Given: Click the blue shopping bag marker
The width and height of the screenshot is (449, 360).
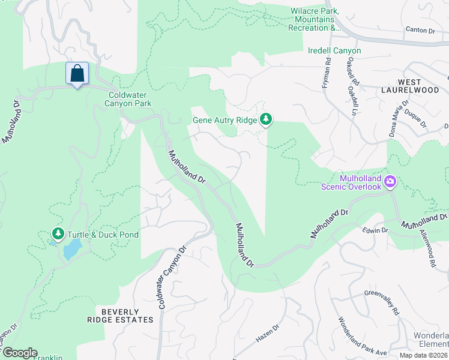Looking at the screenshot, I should [x=77, y=74].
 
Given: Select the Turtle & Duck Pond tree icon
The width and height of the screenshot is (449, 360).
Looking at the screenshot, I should [x=58, y=233].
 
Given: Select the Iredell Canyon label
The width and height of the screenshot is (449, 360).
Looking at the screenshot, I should [x=334, y=51].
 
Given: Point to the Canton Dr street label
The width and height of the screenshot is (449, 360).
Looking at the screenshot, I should [x=420, y=29].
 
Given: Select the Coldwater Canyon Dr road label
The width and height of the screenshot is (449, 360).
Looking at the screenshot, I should [x=170, y=278].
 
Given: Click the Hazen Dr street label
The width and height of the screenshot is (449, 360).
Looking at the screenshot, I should [x=268, y=334].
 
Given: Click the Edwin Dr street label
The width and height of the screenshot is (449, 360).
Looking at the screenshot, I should [x=376, y=230].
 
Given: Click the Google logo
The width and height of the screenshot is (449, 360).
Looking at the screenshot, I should [x=20, y=353].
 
